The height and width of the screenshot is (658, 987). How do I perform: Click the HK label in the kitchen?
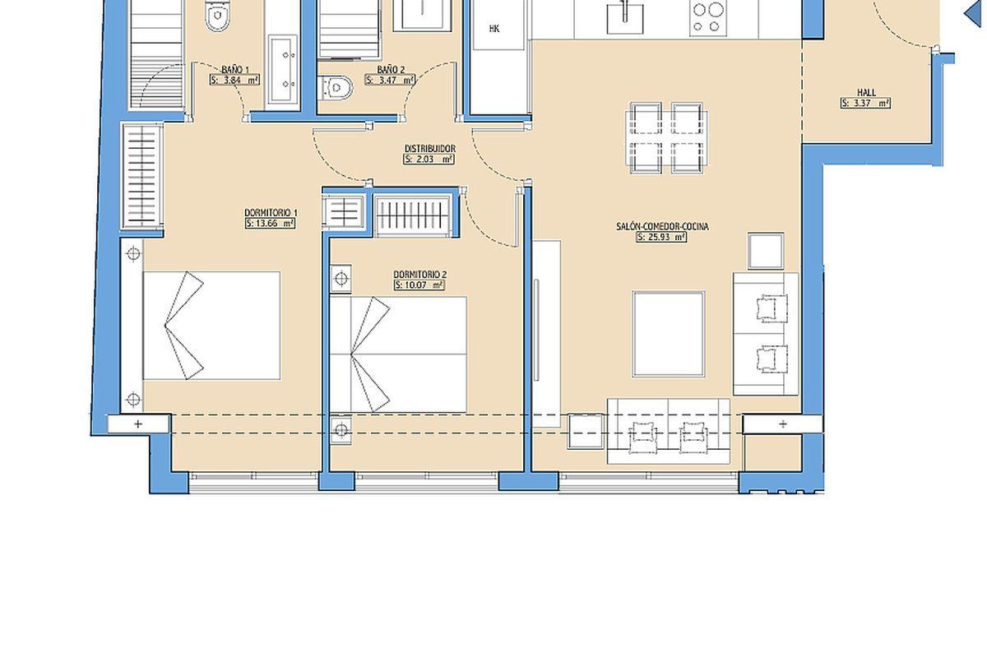click(x=494, y=29)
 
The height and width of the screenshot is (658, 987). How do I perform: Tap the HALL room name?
click(x=866, y=93)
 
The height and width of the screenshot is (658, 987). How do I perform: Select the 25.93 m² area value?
click(x=661, y=237)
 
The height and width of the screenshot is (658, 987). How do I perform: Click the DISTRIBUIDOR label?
click(x=429, y=149)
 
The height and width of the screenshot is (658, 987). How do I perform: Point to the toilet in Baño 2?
click(x=336, y=88)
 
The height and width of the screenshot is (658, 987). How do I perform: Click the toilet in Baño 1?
click(x=218, y=16)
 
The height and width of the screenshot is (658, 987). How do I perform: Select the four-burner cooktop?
click(x=708, y=16)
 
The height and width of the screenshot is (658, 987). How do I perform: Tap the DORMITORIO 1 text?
click(x=271, y=213)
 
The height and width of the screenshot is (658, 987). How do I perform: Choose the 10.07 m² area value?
click(x=419, y=285)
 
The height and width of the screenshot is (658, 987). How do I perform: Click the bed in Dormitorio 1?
click(x=211, y=326)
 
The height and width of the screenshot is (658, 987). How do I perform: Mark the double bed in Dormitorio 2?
click(x=398, y=354)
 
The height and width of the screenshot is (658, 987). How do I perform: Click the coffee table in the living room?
click(x=669, y=334)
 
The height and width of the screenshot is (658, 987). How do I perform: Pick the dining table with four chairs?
click(x=667, y=138)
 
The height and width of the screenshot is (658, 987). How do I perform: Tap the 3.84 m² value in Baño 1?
click(x=234, y=81)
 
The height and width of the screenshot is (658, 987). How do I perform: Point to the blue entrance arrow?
click(x=975, y=13)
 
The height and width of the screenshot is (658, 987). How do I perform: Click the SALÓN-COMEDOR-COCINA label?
click(x=662, y=226)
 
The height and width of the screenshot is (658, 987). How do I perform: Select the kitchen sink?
click(x=625, y=17)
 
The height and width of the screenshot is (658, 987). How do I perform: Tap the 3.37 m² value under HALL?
click(x=865, y=103)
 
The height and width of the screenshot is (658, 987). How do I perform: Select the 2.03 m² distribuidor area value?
click(x=429, y=159)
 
